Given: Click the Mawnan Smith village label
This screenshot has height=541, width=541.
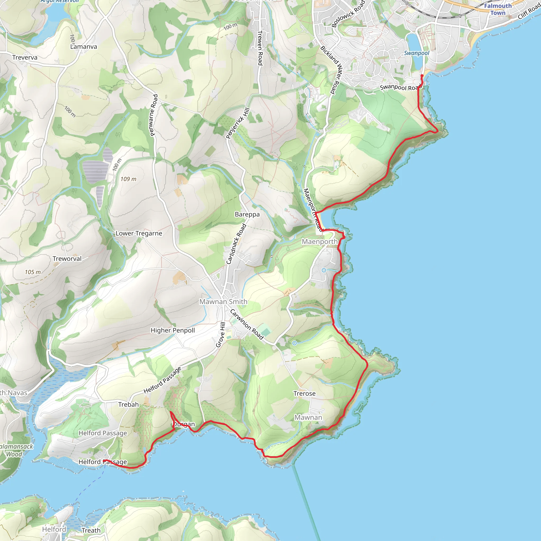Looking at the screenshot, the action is [223, 302].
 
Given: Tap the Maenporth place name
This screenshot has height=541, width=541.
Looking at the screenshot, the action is [320, 241].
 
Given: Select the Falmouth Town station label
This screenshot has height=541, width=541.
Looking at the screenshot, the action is [498, 9].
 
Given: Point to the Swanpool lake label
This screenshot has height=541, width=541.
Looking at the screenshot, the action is [416, 53].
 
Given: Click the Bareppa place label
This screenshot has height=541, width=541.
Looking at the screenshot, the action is [247, 214].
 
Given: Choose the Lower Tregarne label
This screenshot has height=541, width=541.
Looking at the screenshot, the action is [139, 233].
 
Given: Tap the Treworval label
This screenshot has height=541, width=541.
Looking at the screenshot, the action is [67, 258].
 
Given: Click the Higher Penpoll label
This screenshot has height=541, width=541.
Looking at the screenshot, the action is [172, 330].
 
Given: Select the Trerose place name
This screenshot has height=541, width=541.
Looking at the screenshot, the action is [304, 393].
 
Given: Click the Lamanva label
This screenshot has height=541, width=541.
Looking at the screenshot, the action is [83, 47].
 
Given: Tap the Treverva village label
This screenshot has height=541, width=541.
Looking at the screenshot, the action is [25, 57].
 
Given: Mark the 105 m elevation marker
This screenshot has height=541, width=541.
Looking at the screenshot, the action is [32, 272].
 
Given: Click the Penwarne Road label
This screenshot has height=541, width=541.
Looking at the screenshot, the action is [154, 115].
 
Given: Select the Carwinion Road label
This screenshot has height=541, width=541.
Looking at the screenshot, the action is [247, 324].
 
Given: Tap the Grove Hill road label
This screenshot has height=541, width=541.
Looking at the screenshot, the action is [221, 335].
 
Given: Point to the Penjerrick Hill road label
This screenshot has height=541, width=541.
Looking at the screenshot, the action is [237, 123].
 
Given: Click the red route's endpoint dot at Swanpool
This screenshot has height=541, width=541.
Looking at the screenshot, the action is [422, 76].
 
